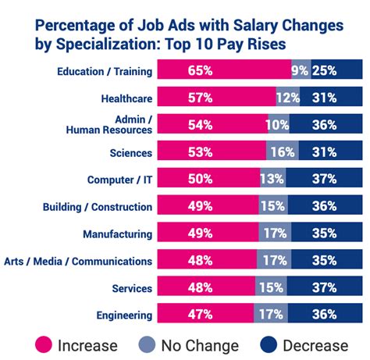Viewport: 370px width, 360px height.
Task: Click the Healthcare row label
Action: (126, 99)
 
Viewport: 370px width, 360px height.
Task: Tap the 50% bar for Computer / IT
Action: (206, 180)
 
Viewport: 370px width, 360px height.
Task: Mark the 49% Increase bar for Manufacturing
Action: (205, 233)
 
